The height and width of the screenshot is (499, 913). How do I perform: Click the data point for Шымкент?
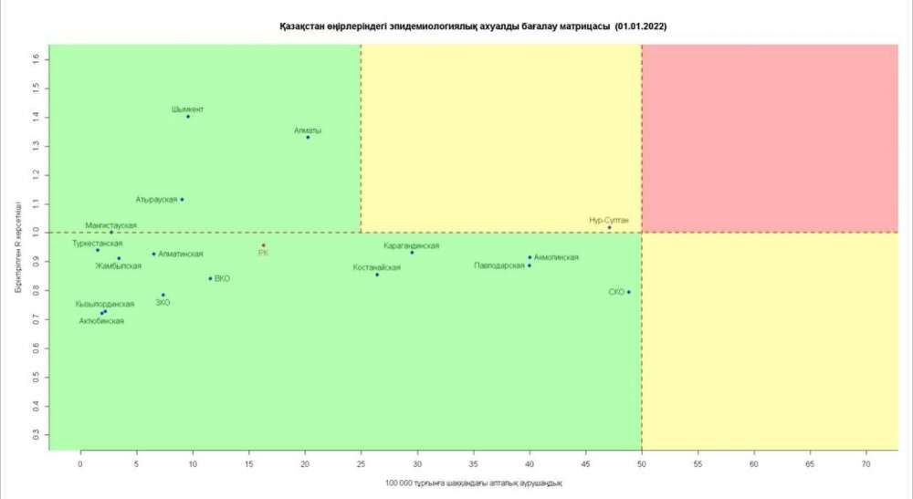coord(188,117)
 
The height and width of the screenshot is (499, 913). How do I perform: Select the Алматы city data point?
coord(308,138)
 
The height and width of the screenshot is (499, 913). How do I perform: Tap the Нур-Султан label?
coord(609,220)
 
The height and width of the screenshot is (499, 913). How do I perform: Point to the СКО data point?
coord(629,292)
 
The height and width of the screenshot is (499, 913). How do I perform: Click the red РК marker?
coord(263,245)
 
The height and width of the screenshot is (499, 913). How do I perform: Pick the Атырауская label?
coord(156,199)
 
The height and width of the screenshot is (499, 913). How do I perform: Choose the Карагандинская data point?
coord(412,253)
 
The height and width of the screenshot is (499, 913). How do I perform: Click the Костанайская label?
coord(376,267)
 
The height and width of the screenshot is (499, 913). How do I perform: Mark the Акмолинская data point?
coord(530,257)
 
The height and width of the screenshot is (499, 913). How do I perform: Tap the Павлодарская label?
coord(498,265)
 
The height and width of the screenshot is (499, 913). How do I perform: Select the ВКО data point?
coord(210,278)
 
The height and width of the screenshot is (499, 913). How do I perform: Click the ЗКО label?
coord(163,303)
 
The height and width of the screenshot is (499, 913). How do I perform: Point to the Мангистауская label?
coord(110,224)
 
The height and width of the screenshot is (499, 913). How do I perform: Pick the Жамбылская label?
coord(119,266)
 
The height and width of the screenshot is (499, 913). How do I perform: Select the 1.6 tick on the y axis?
coord(37,58)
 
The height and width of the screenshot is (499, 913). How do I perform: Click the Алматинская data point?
coord(153,254)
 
